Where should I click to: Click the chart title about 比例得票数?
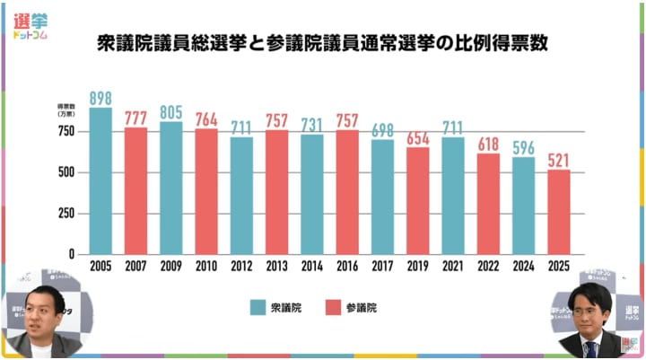[322, 42]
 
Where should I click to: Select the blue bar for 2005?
[100, 180]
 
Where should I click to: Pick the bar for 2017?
[382, 196]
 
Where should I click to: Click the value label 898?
[100, 97]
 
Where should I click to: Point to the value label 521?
[559, 159]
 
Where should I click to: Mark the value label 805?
[170, 112]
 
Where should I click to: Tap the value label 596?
[524, 147]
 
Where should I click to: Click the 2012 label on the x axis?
[241, 267]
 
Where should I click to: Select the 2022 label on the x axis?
[488, 267]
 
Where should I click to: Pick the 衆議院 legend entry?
[275, 307]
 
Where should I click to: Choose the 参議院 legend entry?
[350, 307]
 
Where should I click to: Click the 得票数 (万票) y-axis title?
[68, 110]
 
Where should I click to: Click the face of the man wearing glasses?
[589, 315]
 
